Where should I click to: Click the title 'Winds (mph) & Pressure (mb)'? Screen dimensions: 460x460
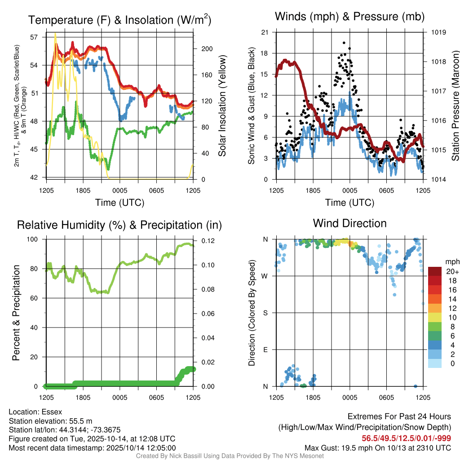tap(349, 17)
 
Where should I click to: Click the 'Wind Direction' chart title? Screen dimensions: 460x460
tap(349, 223)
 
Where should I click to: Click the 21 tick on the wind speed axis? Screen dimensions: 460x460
tap(264, 32)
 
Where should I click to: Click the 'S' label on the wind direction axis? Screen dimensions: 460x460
tap(265, 313)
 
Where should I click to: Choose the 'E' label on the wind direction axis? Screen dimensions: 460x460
tap(265, 349)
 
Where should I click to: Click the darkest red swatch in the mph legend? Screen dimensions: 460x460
tap(435, 271)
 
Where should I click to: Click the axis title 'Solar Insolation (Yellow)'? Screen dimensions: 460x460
tap(222, 106)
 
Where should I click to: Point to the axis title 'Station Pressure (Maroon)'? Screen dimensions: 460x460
tap(455, 106)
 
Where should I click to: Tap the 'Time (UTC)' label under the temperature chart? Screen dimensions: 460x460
tap(119, 203)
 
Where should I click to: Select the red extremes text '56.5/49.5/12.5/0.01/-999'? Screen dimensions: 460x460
tap(406, 438)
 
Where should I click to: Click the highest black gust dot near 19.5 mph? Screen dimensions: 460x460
tap(344, 43)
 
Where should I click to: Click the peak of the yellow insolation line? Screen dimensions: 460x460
tap(55, 34)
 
